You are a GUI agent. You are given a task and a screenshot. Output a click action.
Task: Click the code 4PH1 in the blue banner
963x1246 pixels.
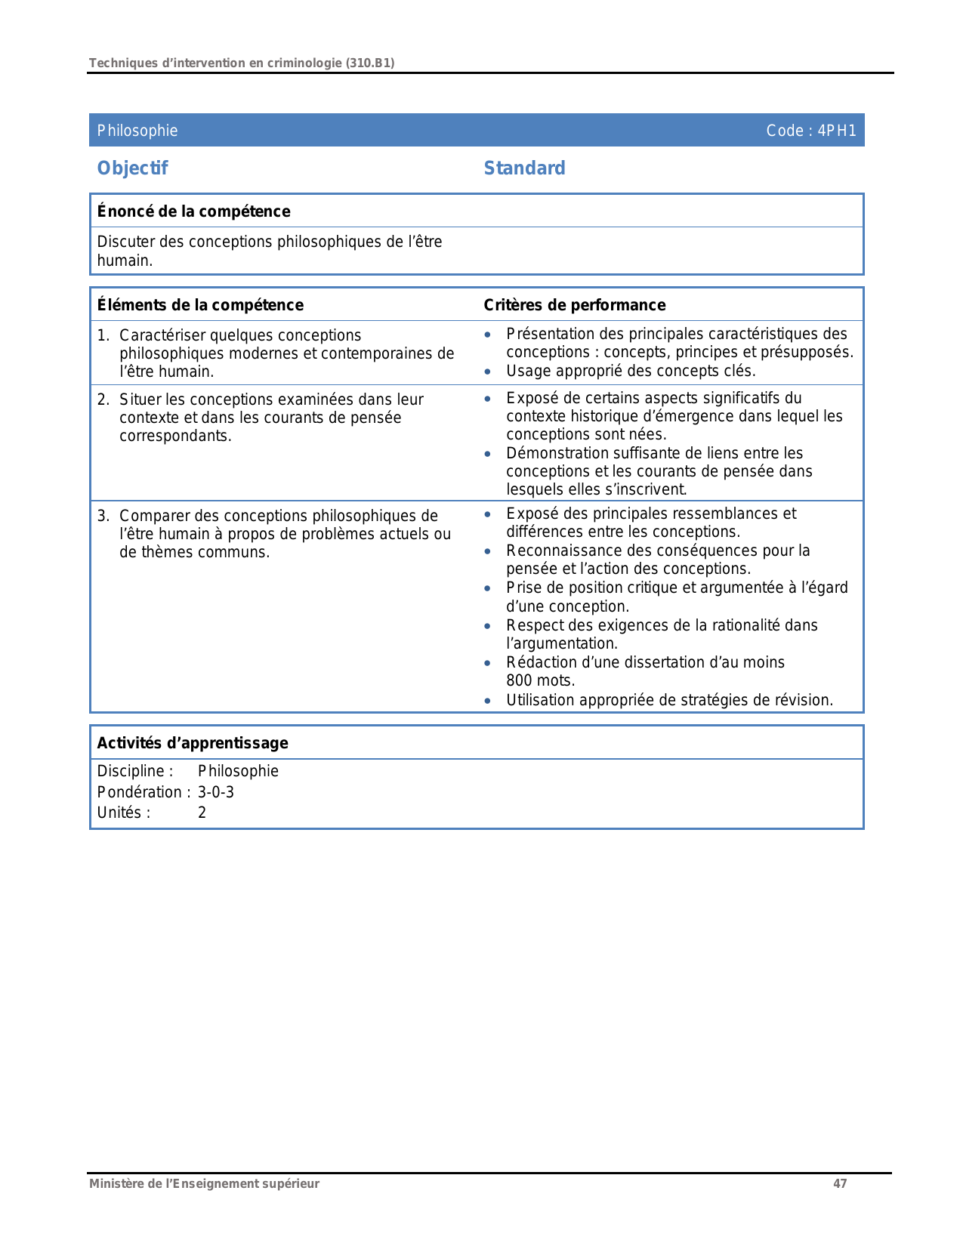[837, 131]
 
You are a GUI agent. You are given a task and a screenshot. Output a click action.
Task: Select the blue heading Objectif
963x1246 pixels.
[132, 168]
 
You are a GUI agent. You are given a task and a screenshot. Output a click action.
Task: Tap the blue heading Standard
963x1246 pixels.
[524, 168]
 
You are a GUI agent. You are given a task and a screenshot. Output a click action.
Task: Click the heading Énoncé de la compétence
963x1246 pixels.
[193, 211]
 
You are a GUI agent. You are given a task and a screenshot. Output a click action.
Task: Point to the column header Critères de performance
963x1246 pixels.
[574, 305]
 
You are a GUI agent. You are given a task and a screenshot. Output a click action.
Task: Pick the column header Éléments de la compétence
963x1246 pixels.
[200, 305]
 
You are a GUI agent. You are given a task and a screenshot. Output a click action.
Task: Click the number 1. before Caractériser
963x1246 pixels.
[103, 335]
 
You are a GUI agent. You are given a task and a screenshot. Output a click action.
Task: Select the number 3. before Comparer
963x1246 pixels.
[103, 516]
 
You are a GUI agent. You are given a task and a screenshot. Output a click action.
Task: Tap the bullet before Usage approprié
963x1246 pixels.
[488, 372]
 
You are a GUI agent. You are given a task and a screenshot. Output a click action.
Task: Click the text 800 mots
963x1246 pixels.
[540, 680]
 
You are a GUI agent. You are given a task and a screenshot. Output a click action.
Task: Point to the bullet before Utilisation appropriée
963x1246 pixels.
[488, 701]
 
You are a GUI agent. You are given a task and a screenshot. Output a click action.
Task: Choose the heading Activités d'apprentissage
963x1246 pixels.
[193, 743]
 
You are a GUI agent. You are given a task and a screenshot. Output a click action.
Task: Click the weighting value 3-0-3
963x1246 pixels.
[216, 792]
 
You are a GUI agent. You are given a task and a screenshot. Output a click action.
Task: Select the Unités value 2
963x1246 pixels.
[202, 813]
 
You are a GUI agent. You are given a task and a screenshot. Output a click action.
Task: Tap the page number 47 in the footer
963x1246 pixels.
[840, 1183]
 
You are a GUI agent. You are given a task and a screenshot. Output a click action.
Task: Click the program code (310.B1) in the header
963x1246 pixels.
[370, 63]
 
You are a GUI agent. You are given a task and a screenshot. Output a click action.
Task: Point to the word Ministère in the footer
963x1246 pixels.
[113, 1183]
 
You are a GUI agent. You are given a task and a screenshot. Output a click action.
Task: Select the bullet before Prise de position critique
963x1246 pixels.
[488, 588]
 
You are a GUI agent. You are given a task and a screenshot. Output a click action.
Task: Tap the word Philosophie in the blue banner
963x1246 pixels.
[137, 131]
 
